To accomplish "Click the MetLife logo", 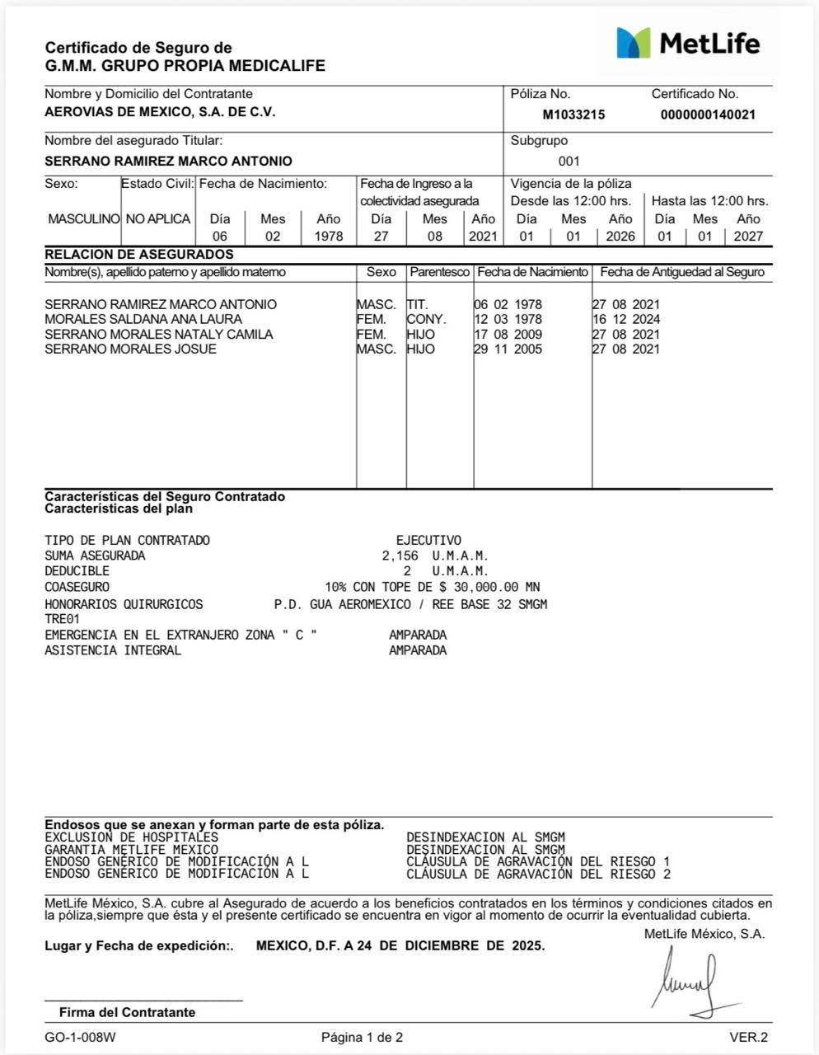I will [688, 43].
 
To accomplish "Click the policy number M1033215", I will [573, 115].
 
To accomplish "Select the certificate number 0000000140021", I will [708, 115].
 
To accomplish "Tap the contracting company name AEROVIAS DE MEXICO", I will [160, 112].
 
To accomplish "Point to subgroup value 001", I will [569, 162].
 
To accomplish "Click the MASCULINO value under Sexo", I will [83, 219].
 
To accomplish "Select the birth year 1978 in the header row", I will [328, 237].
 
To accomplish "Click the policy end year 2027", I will [748, 237].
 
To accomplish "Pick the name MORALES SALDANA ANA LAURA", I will [143, 320].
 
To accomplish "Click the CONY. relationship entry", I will [426, 320].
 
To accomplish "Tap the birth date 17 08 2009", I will [508, 335].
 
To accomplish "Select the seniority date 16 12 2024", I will [626, 320].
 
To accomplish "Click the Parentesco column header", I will [439, 272].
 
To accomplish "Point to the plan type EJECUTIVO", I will [428, 541].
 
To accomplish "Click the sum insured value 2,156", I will [400, 556].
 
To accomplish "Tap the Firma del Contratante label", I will [127, 1012].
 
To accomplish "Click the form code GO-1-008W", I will [80, 1038].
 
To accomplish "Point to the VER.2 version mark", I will [748, 1038].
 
